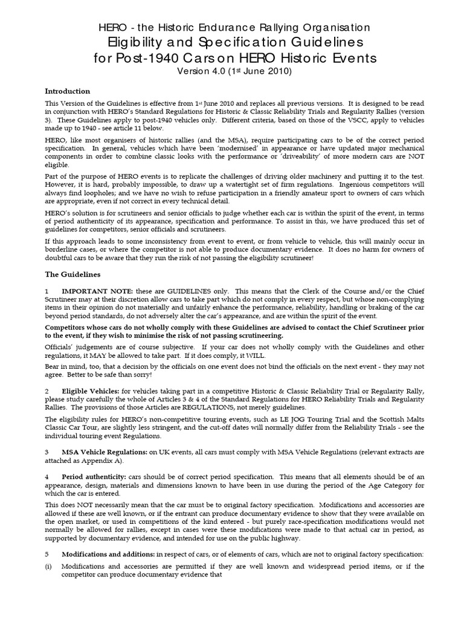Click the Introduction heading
[68, 91]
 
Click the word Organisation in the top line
[330, 27]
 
